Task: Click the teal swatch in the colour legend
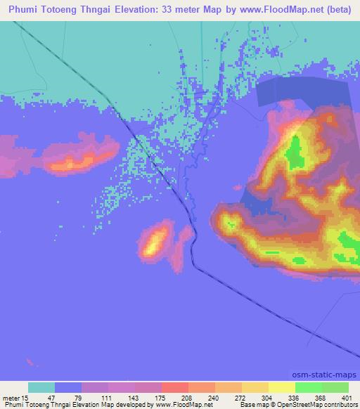(41, 387)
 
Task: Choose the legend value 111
(108, 397)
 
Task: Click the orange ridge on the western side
(74, 162)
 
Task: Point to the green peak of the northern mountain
(295, 149)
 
